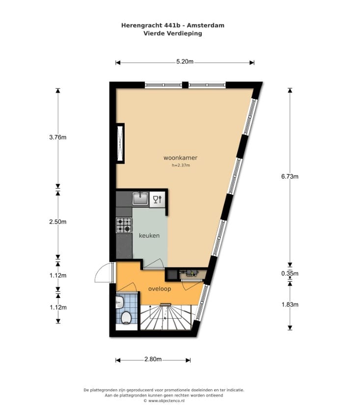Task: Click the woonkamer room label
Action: [180, 158]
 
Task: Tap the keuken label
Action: [149, 236]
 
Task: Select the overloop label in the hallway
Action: [160, 289]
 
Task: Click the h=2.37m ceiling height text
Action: [181, 165]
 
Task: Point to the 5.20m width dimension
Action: [185, 61]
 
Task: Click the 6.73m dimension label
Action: [290, 177]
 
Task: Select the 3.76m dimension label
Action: [58, 137]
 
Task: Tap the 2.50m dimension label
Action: [58, 222]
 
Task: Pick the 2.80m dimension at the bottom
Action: [153, 359]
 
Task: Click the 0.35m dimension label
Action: [290, 273]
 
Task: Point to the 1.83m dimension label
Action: [290, 304]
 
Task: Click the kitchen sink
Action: [140, 198]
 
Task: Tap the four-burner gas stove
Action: [124, 225]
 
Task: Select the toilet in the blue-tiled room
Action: [126, 318]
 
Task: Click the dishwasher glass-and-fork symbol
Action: [157, 199]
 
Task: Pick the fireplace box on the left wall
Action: [120, 143]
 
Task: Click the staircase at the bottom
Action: [166, 318]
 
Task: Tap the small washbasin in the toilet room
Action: [119, 302]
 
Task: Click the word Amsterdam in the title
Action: [205, 26]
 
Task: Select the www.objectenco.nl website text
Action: [166, 401]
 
